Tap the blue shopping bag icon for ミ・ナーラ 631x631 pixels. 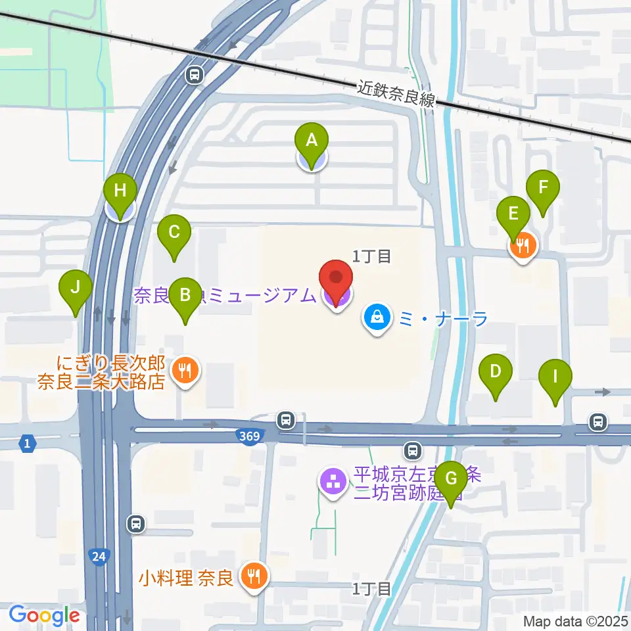[378, 318]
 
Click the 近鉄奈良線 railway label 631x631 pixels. [397, 95]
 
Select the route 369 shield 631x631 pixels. [250, 436]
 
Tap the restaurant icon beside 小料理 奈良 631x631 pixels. [252, 576]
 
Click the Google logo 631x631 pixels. [44, 615]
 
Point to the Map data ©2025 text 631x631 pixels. [576, 620]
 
